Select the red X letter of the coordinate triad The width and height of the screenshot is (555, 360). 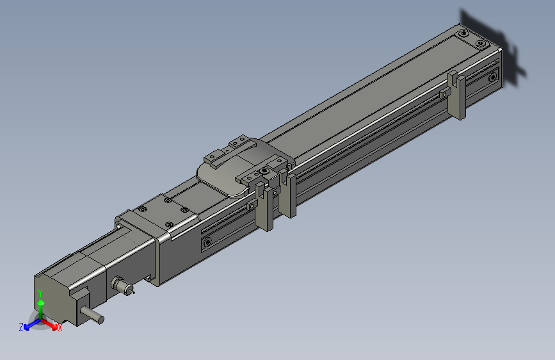[60, 328]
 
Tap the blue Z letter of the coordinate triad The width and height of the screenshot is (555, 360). [21, 327]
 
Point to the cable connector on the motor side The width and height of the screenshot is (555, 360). [121, 285]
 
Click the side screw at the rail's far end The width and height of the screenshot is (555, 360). [492, 78]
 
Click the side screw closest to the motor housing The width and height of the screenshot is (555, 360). [207, 243]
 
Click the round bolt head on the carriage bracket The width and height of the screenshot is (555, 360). [264, 172]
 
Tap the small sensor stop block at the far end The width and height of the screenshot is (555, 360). [444, 95]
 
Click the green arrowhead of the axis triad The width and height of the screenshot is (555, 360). [40, 302]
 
